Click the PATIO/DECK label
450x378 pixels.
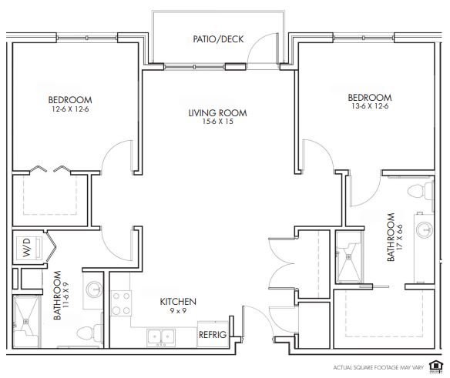218,39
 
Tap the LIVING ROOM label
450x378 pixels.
217,112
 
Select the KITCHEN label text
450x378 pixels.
178,302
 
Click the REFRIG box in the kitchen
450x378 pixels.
213,334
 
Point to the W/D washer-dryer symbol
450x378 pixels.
29,249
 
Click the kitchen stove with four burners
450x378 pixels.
121,303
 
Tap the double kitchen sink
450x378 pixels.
161,337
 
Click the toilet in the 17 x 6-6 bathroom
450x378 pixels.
421,191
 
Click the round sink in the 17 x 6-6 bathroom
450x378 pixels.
425,229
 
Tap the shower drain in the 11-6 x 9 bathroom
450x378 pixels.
26,321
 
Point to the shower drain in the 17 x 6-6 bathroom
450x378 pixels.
349,256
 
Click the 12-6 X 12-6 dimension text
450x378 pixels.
70,109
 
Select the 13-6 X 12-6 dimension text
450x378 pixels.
370,106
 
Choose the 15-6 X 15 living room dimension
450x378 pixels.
218,122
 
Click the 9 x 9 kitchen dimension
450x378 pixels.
178,310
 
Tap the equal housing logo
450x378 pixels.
435,366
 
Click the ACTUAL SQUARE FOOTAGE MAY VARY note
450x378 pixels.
378,367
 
